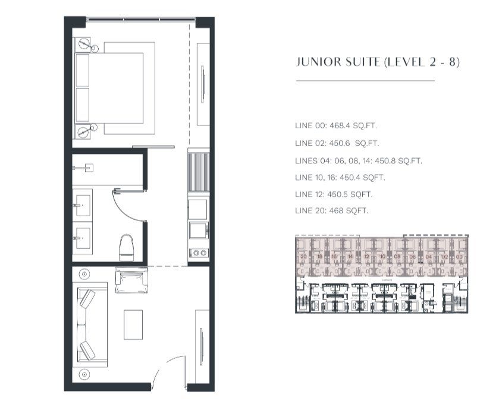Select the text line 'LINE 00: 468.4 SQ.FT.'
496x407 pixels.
click(336, 125)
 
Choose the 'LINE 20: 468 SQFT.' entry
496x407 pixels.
click(331, 211)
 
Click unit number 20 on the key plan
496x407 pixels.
click(303, 257)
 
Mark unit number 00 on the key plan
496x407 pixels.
click(459, 257)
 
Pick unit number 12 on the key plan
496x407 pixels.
click(367, 257)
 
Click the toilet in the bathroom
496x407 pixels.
click(127, 247)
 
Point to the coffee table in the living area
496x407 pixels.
click(133, 325)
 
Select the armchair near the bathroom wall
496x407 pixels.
click(131, 280)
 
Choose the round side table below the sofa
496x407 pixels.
click(84, 374)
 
